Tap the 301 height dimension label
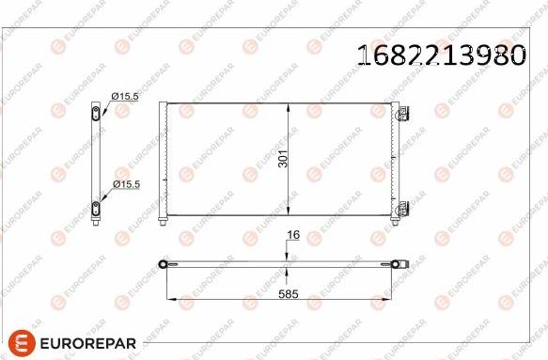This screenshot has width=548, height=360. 284,159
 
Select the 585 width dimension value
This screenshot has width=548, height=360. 288,293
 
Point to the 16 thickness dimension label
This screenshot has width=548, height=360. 292,236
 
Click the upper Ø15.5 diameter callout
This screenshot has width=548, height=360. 125,96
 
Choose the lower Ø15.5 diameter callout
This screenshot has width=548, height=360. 125,184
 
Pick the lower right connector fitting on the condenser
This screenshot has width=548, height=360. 403,208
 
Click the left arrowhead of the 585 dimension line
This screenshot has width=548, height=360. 170,300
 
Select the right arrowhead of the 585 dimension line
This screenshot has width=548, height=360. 403,300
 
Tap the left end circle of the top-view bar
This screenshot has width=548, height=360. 165,264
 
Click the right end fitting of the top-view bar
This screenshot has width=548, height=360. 402,264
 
